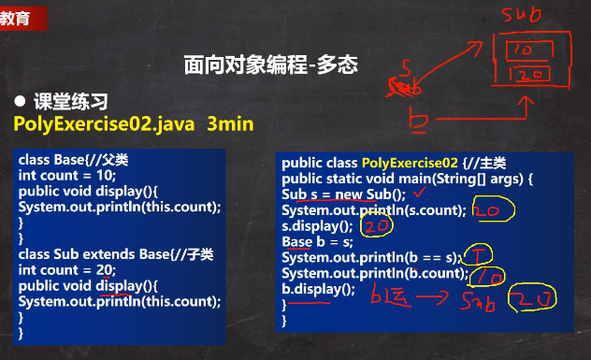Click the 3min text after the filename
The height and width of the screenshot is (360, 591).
click(230, 123)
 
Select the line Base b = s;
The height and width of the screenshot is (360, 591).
click(312, 242)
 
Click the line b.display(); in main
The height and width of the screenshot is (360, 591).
click(319, 289)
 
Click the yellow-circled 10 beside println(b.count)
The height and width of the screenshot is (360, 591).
click(491, 276)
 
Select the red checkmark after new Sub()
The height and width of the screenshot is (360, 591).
click(417, 194)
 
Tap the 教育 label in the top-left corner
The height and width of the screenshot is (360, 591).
click(14, 17)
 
